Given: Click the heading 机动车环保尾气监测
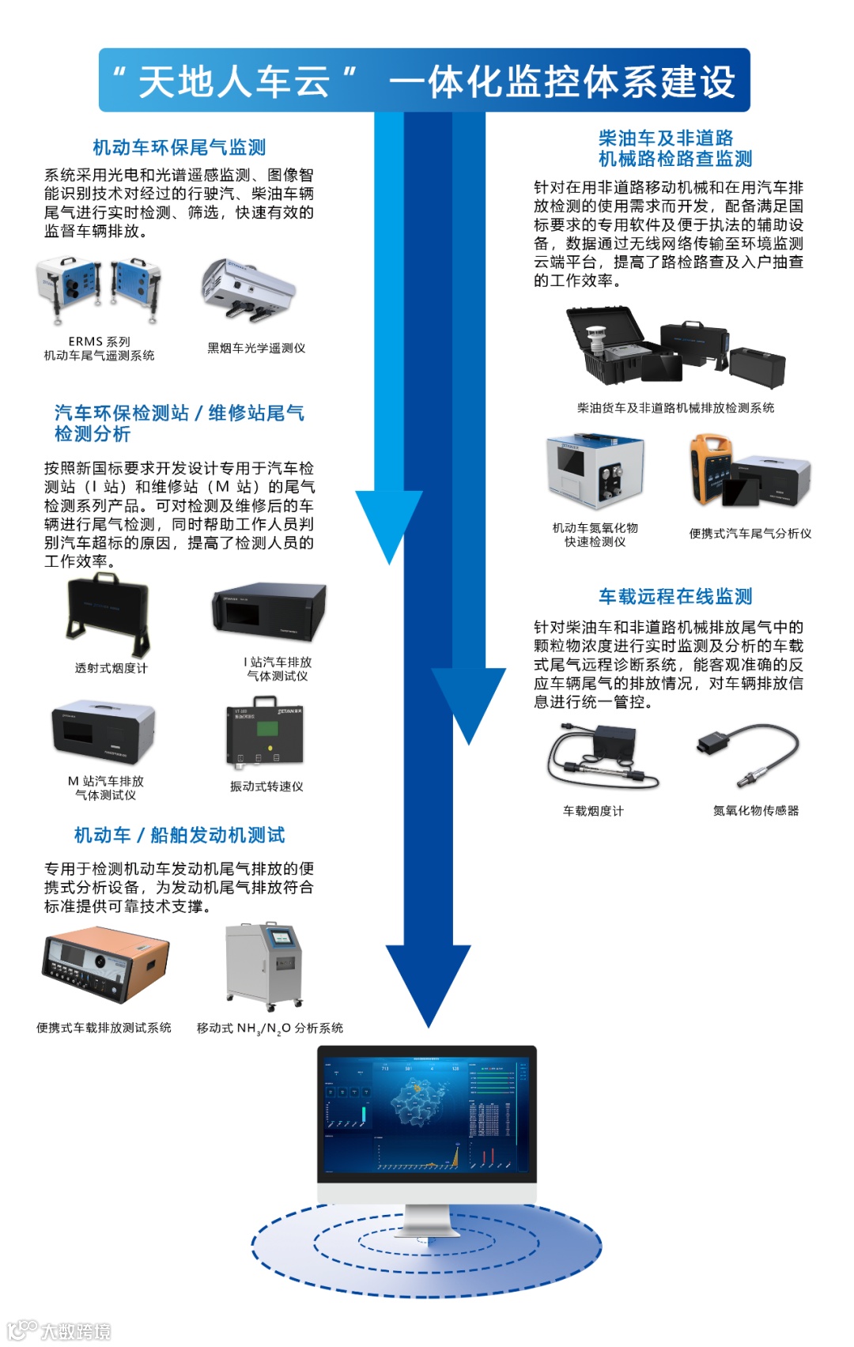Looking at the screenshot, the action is click(179, 148).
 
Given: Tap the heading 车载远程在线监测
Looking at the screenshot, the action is click(675, 597).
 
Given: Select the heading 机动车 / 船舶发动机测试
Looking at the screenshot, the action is click(179, 836).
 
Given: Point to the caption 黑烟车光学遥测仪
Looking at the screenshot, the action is click(256, 349).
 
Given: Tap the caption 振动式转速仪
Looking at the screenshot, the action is click(266, 787).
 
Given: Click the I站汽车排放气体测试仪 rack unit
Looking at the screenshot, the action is click(269, 613).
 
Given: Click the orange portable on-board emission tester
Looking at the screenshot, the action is click(105, 966).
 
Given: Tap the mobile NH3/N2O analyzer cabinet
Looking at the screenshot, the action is click(264, 966).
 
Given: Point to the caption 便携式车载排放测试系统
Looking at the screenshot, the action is click(104, 1028).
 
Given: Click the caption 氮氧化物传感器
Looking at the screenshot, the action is click(756, 811).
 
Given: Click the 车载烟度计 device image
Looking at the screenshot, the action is click(603, 757).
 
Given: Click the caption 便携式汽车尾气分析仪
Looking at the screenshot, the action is click(750, 534).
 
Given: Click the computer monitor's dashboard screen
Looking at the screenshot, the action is click(427, 1114).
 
